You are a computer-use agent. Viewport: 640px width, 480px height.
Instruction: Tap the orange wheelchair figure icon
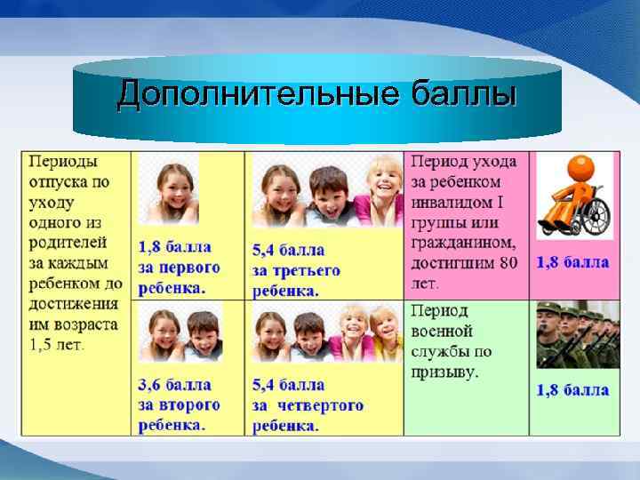pyautogui.click(x=575, y=197)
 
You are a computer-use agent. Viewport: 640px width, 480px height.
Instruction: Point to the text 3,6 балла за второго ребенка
pyautogui.click(x=179, y=405)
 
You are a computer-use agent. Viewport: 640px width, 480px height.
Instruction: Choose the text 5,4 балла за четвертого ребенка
pyautogui.click(x=308, y=405)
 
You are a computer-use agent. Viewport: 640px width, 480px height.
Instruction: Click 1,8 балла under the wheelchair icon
pyautogui.click(x=572, y=262)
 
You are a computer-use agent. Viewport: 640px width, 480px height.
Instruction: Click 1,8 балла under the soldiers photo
pyautogui.click(x=572, y=390)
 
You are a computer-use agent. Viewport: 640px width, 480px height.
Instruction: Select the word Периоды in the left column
pyautogui.click(x=63, y=162)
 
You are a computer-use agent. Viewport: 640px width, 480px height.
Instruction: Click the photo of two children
pyautogui.click(x=180, y=335)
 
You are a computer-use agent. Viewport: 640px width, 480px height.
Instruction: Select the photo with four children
pyautogui.click(x=326, y=335)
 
